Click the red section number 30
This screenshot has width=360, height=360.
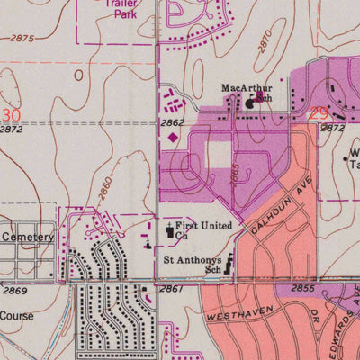tap(11, 115)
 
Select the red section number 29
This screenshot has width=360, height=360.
tap(318, 113)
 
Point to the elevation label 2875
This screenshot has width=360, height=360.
tap(23, 39)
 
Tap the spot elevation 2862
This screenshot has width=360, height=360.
tap(174, 122)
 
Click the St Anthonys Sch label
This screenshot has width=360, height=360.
tap(192, 263)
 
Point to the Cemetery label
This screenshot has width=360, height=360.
tap(28, 237)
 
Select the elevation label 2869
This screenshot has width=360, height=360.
tap(15, 290)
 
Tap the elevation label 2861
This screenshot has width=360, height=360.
tap(171, 289)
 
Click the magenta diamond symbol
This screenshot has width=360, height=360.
tap(173, 137)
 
